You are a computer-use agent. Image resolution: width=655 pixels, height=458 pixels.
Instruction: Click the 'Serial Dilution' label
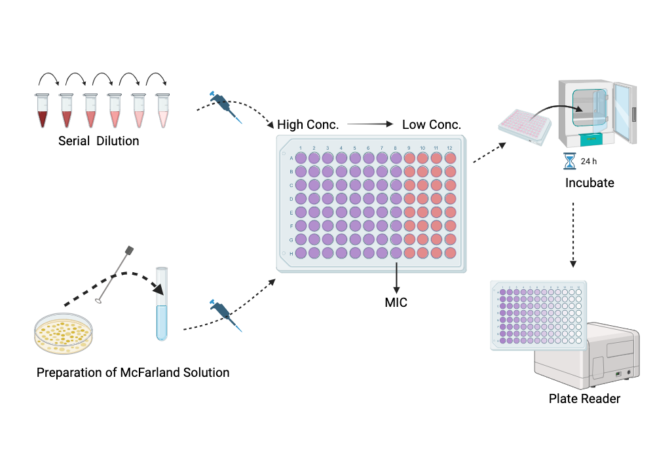(x=99, y=141)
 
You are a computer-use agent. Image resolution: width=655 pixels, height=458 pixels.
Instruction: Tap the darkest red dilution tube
(x=43, y=111)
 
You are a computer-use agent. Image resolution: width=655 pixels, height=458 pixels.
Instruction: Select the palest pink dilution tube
(x=162, y=111)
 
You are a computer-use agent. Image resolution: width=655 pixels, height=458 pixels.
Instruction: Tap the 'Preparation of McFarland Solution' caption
(x=133, y=373)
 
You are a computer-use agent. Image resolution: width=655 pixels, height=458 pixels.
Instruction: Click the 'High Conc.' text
(x=307, y=124)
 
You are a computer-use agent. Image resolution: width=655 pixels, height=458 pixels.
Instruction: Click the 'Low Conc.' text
(x=432, y=124)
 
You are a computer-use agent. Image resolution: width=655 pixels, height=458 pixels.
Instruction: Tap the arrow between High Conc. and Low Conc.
(x=369, y=124)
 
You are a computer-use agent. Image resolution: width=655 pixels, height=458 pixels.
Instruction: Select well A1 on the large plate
(x=301, y=158)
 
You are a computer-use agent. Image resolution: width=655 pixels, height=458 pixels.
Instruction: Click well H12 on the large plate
(x=450, y=253)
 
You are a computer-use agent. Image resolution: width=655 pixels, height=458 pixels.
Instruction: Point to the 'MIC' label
(x=396, y=303)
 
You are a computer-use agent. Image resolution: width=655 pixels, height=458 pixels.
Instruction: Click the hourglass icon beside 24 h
(x=569, y=161)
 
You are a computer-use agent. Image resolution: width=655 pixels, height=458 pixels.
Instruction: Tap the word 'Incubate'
(x=589, y=183)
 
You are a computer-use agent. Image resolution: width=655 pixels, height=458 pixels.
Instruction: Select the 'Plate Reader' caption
(x=584, y=398)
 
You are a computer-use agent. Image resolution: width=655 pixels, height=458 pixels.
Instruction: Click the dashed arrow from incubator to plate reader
(x=573, y=236)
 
